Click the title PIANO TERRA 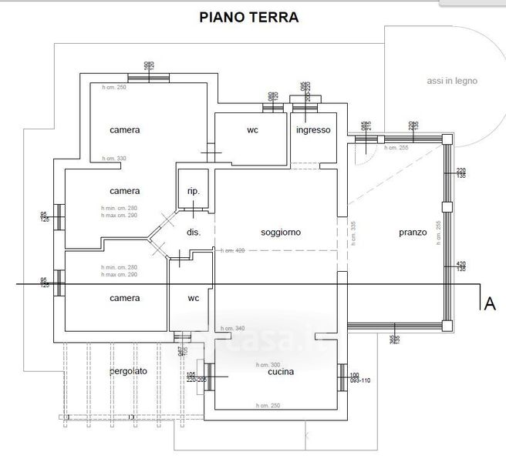click(248, 15)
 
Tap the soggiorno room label click(281, 232)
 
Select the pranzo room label click(413, 233)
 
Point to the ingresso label click(313, 130)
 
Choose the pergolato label click(128, 371)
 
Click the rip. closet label click(194, 191)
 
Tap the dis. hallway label click(194, 232)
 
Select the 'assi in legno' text click(452, 81)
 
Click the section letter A click(487, 304)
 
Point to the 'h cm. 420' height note click(232, 251)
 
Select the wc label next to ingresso click(252, 130)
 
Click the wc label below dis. click(194, 298)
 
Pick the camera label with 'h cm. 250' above click(125, 130)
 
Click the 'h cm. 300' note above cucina click(267, 364)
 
